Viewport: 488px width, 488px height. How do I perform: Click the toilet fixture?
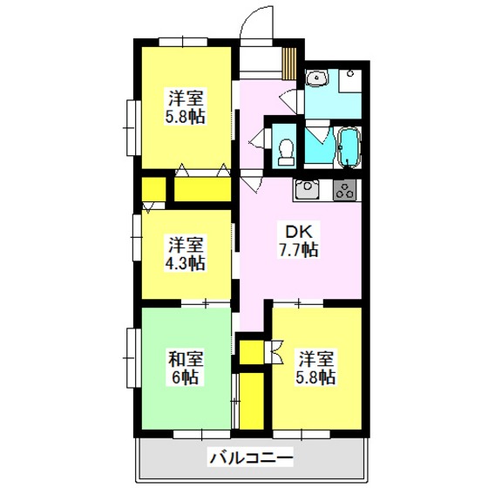tap(286, 152)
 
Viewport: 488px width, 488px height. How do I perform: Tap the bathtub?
tap(349, 147)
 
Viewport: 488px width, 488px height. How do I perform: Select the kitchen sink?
tap(307, 189)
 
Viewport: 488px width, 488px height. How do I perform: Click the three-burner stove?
tap(344, 190)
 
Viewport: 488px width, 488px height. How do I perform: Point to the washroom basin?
tap(316, 78)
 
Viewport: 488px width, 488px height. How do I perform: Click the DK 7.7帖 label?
tap(298, 241)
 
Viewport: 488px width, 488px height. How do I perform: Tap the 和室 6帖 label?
tap(186, 369)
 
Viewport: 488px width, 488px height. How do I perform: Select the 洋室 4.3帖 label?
tap(185, 254)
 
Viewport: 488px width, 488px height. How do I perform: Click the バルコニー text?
tap(251, 458)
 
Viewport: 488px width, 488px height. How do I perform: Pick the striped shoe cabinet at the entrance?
tap(289, 63)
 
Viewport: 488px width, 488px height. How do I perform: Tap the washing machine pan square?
tap(350, 80)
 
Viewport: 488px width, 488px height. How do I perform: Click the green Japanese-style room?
tap(186, 369)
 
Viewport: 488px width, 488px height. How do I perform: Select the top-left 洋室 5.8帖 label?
tap(185, 106)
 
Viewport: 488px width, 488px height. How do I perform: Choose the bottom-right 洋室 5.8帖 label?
tap(316, 369)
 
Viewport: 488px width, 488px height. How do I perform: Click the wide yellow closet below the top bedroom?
tap(202, 189)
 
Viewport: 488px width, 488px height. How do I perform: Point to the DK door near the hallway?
tap(252, 181)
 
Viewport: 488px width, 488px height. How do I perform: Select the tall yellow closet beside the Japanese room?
tap(251, 401)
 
